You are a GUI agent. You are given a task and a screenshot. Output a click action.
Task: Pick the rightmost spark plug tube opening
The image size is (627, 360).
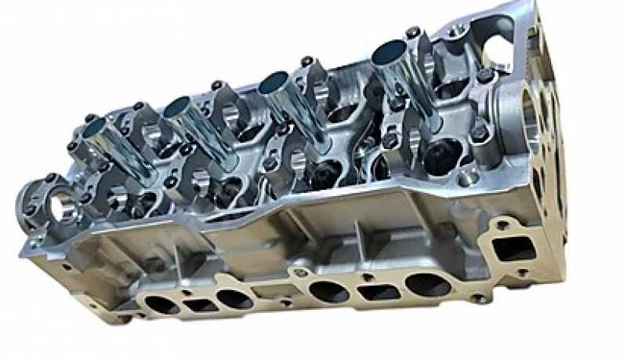coord(387,53)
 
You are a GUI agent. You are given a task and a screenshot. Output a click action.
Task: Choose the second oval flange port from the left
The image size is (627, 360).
coord(233,298)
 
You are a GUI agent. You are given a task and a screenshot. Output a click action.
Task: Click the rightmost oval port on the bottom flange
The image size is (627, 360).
coord(427,284)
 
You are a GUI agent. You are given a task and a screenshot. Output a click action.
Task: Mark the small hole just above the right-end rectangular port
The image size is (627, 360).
coord(502,225)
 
